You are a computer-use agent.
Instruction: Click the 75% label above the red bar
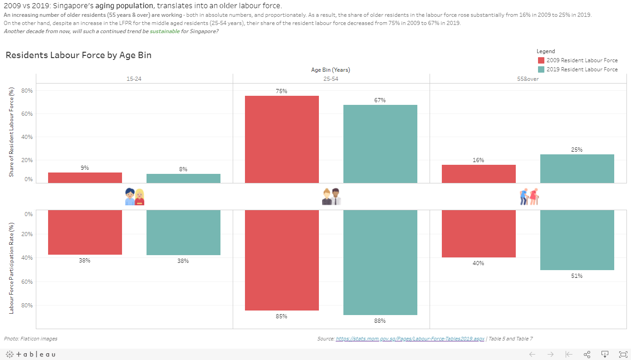pyautogui.click(x=281, y=91)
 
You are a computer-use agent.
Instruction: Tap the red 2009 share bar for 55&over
pyautogui.click(x=479, y=174)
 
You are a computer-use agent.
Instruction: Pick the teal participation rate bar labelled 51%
pyautogui.click(x=577, y=240)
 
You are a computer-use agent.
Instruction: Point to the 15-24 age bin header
pyautogui.click(x=134, y=79)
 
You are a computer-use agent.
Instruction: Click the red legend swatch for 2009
pyautogui.click(x=541, y=60)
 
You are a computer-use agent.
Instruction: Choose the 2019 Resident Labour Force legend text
pyautogui.click(x=582, y=69)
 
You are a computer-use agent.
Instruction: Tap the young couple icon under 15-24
pyautogui.click(x=134, y=197)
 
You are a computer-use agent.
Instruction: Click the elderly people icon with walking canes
pyautogui.click(x=528, y=197)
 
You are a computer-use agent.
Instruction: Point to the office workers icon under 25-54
pyautogui.click(x=331, y=197)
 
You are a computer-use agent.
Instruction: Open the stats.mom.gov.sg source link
pyautogui.click(x=410, y=339)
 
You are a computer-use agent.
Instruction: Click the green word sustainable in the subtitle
pyautogui.click(x=165, y=31)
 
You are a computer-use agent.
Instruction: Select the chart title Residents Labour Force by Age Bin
pyautogui.click(x=78, y=55)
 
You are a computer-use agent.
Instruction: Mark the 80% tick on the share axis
pyautogui.click(x=27, y=91)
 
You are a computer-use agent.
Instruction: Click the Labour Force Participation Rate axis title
pyautogui.click(x=12, y=268)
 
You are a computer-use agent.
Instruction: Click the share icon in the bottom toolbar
pyautogui.click(x=587, y=354)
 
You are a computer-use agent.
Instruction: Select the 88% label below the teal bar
pyautogui.click(x=380, y=321)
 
